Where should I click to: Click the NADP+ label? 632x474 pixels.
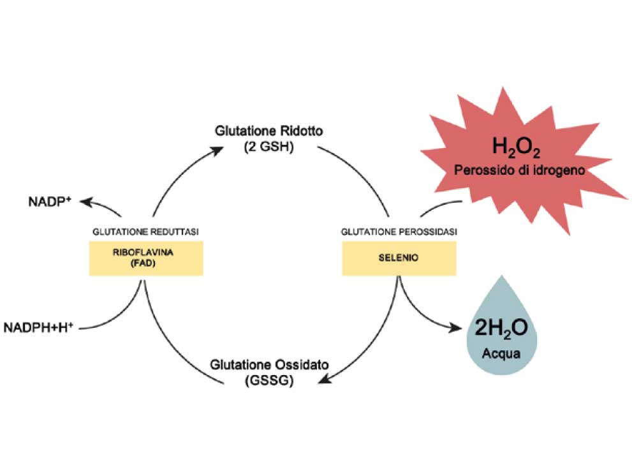(x=50, y=201)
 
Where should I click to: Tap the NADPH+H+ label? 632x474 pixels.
(x=38, y=327)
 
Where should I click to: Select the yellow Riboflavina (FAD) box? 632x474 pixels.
(x=146, y=258)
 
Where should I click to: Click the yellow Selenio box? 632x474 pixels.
(x=399, y=258)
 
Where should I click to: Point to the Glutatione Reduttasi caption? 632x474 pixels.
(x=145, y=232)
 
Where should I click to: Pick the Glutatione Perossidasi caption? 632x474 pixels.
(x=399, y=232)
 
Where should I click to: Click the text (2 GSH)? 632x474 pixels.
(x=269, y=146)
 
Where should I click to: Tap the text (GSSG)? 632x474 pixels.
(x=269, y=380)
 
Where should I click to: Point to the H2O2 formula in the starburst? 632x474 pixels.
(x=516, y=147)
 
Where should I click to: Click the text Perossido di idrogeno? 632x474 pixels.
(x=519, y=170)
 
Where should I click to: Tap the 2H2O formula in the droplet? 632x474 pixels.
(x=501, y=328)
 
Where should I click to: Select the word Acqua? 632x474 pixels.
(x=501, y=353)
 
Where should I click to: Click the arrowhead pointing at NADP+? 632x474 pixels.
(x=85, y=201)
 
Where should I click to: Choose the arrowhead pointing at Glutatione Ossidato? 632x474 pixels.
(x=325, y=379)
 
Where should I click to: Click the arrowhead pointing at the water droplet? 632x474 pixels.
(x=455, y=328)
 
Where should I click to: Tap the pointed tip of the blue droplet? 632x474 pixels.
(x=502, y=276)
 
